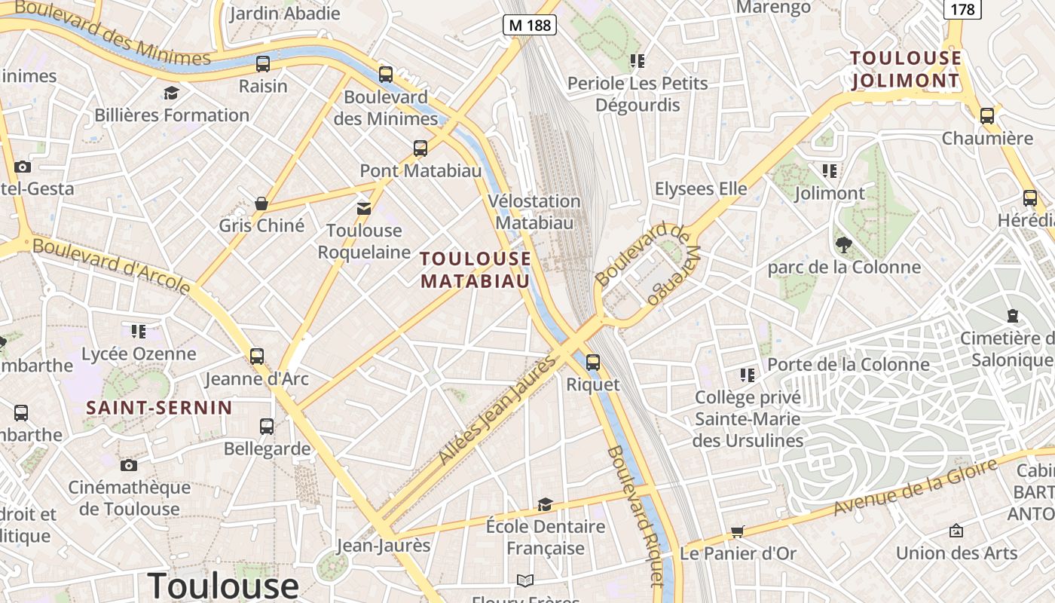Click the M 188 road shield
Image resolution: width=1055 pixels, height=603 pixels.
pyautogui.click(x=530, y=25)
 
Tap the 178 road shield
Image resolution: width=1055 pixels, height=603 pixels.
pyautogui.click(x=962, y=9)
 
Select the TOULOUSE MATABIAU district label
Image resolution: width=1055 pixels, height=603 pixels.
pyautogui.click(x=476, y=270)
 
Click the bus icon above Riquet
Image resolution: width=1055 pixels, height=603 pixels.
pyautogui.click(x=593, y=362)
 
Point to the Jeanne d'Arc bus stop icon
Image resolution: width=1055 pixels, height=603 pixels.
pyautogui.click(x=257, y=356)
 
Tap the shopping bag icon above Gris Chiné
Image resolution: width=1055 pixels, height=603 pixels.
pyautogui.click(x=261, y=204)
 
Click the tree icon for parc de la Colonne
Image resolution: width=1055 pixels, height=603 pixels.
pyautogui.click(x=843, y=244)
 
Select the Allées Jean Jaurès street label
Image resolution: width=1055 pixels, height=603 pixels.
pyautogui.click(x=497, y=411)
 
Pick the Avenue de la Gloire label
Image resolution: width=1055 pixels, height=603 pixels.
pyautogui.click(x=916, y=488)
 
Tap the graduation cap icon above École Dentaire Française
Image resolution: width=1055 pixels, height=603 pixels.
pyautogui.click(x=545, y=504)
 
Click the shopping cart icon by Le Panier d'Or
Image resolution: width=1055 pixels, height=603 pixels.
pyautogui.click(x=737, y=531)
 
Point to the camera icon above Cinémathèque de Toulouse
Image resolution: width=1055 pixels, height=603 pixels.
pyautogui.click(x=129, y=465)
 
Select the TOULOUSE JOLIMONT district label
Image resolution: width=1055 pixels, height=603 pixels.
pyautogui.click(x=906, y=69)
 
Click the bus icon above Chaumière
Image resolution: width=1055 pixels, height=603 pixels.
pyautogui.click(x=987, y=116)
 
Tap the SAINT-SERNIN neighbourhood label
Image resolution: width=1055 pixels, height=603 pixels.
pyautogui.click(x=159, y=408)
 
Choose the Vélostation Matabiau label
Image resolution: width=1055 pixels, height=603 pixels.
pyautogui.click(x=534, y=212)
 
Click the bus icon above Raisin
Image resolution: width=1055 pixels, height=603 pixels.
pyautogui.click(x=263, y=64)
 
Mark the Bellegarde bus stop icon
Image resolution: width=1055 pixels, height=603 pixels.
pyautogui.click(x=267, y=427)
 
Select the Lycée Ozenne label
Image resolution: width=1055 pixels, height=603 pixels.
pyautogui.click(x=139, y=354)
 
